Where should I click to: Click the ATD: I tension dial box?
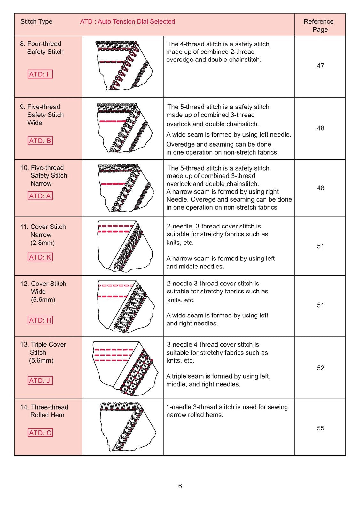(x=40, y=74)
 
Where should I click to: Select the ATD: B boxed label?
(x=40, y=141)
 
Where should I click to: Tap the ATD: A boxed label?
(x=40, y=196)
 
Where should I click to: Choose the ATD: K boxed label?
(x=40, y=257)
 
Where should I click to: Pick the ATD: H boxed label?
(x=40, y=320)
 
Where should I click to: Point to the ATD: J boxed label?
(x=40, y=380)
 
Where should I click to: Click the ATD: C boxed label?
(x=40, y=433)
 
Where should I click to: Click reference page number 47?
(x=320, y=66)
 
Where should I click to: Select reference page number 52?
(x=320, y=368)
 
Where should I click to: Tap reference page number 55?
(x=320, y=428)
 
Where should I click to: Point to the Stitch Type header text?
(x=36, y=22)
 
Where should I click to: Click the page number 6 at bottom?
(x=180, y=486)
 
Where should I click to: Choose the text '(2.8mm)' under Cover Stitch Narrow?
(x=43, y=243)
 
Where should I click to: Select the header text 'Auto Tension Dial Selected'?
(x=137, y=22)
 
